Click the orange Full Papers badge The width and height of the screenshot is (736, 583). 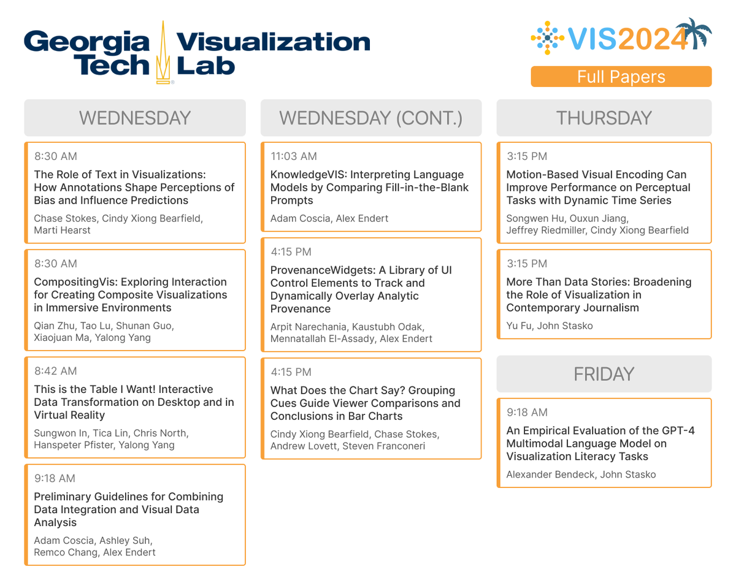click(x=621, y=77)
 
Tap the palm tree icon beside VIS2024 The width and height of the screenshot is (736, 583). click(x=697, y=34)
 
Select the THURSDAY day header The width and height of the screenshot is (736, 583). click(x=604, y=118)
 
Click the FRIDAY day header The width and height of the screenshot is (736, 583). click(x=604, y=374)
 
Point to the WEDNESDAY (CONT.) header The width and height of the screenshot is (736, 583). click(x=370, y=118)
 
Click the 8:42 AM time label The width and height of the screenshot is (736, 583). click(x=55, y=371)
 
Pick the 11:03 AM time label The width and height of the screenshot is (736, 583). click(x=294, y=156)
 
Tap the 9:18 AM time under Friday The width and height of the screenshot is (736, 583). click(x=527, y=413)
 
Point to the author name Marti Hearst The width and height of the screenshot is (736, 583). click(x=62, y=230)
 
